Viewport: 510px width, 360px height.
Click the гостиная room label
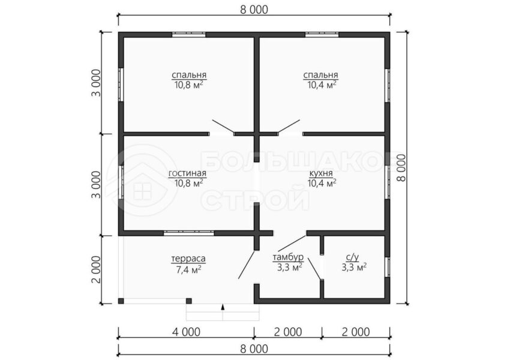click(x=187, y=173)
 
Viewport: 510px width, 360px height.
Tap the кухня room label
click(x=322, y=173)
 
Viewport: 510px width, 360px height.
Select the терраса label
click(x=188, y=259)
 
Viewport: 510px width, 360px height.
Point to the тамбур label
click(x=288, y=257)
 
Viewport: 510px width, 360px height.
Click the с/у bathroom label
click(x=353, y=257)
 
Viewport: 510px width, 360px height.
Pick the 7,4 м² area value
click(x=188, y=269)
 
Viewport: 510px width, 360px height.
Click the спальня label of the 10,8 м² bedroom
click(x=189, y=75)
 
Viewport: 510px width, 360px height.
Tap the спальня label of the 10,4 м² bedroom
click(x=321, y=75)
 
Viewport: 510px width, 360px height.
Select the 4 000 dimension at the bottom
click(x=186, y=332)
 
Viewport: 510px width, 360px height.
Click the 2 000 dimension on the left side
click(x=96, y=269)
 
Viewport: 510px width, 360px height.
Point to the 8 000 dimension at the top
click(x=254, y=10)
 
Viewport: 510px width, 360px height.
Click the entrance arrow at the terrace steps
click(x=223, y=307)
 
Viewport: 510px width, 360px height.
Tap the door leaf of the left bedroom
click(x=223, y=127)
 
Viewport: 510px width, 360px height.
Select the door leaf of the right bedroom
click(x=289, y=127)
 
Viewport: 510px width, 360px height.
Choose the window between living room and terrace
click(x=188, y=233)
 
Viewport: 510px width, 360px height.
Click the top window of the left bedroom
click(x=189, y=34)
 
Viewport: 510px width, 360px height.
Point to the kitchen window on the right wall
click(x=388, y=183)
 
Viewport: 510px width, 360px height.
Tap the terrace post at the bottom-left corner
click(x=121, y=301)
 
